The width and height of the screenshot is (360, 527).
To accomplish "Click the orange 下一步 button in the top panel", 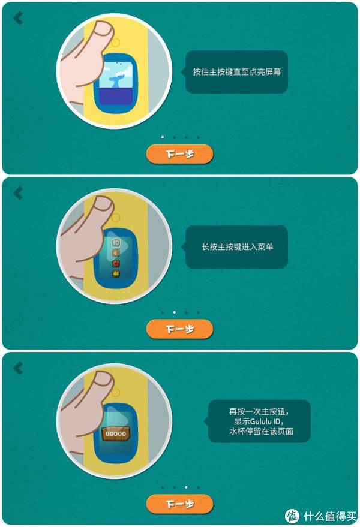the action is coord(179,154).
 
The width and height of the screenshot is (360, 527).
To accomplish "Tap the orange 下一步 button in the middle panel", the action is coord(179,329).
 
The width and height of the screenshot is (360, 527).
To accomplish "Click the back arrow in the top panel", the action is coord(18,18).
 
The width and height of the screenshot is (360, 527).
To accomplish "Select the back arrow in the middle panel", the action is coord(18,193).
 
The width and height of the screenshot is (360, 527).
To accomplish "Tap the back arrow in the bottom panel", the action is coord(18,368).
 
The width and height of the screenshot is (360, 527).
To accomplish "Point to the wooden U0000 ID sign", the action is coord(115,433).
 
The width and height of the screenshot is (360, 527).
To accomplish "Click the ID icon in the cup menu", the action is coord(116,243).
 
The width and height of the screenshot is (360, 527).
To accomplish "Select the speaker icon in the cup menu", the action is coord(116,253).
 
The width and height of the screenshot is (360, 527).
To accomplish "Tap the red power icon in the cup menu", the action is coord(116,263).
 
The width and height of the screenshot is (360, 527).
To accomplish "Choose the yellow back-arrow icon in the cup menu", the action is coord(116,274).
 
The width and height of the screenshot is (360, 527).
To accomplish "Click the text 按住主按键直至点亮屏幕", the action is coord(237,71).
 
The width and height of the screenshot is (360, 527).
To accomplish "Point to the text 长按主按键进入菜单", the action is coord(237,247).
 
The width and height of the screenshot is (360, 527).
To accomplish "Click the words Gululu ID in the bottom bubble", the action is coord(265,421).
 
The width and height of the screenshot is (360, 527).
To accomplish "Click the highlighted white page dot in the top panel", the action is coord(163,137).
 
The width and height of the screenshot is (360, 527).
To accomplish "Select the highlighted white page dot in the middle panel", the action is coord(174,312).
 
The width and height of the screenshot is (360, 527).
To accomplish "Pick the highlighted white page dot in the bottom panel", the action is coord(186,487).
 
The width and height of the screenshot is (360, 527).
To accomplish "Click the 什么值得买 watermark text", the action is coord(330,516).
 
